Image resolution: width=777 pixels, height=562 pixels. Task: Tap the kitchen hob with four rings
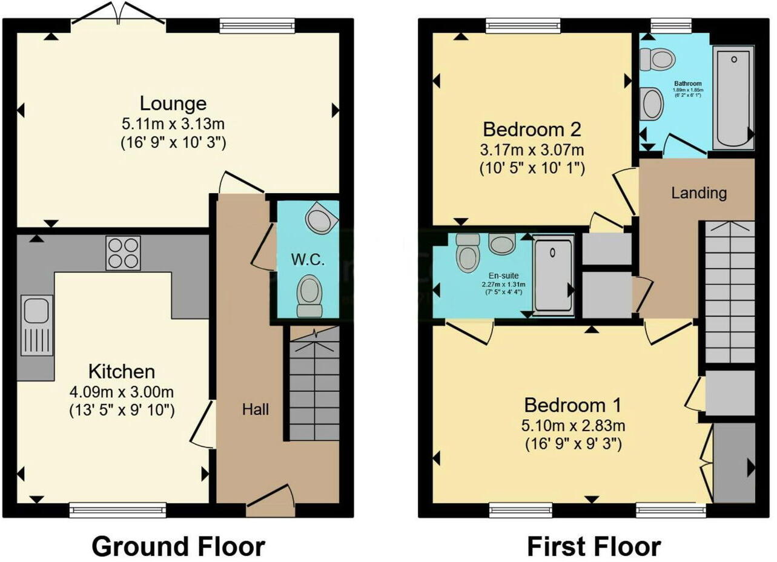123,253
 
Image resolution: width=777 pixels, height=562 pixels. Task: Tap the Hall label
255,409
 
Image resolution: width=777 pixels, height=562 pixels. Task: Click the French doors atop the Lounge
119,13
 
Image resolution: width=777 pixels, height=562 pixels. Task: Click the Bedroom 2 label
532,129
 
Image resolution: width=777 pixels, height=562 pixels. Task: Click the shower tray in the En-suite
553,276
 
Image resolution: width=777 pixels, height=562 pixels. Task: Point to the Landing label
699,193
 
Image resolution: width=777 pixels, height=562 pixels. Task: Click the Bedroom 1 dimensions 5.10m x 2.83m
573,426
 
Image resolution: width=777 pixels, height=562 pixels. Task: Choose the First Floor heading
593,546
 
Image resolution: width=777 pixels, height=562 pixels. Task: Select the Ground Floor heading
178,546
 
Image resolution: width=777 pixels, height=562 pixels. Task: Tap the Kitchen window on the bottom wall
117,511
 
